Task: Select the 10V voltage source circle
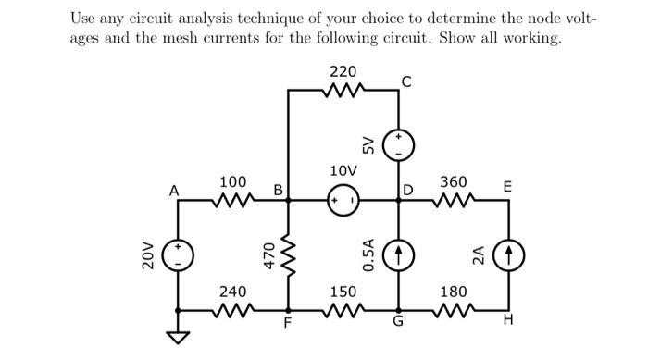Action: click(343, 199)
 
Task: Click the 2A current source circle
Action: click(508, 254)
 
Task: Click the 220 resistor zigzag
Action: click(343, 91)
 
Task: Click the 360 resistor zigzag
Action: click(454, 199)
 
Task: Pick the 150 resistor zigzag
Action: click(343, 309)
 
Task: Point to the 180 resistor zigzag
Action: click(454, 309)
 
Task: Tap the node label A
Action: click(173, 189)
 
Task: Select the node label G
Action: click(398, 324)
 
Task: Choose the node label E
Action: click(507, 187)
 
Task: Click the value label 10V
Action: click(342, 171)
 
